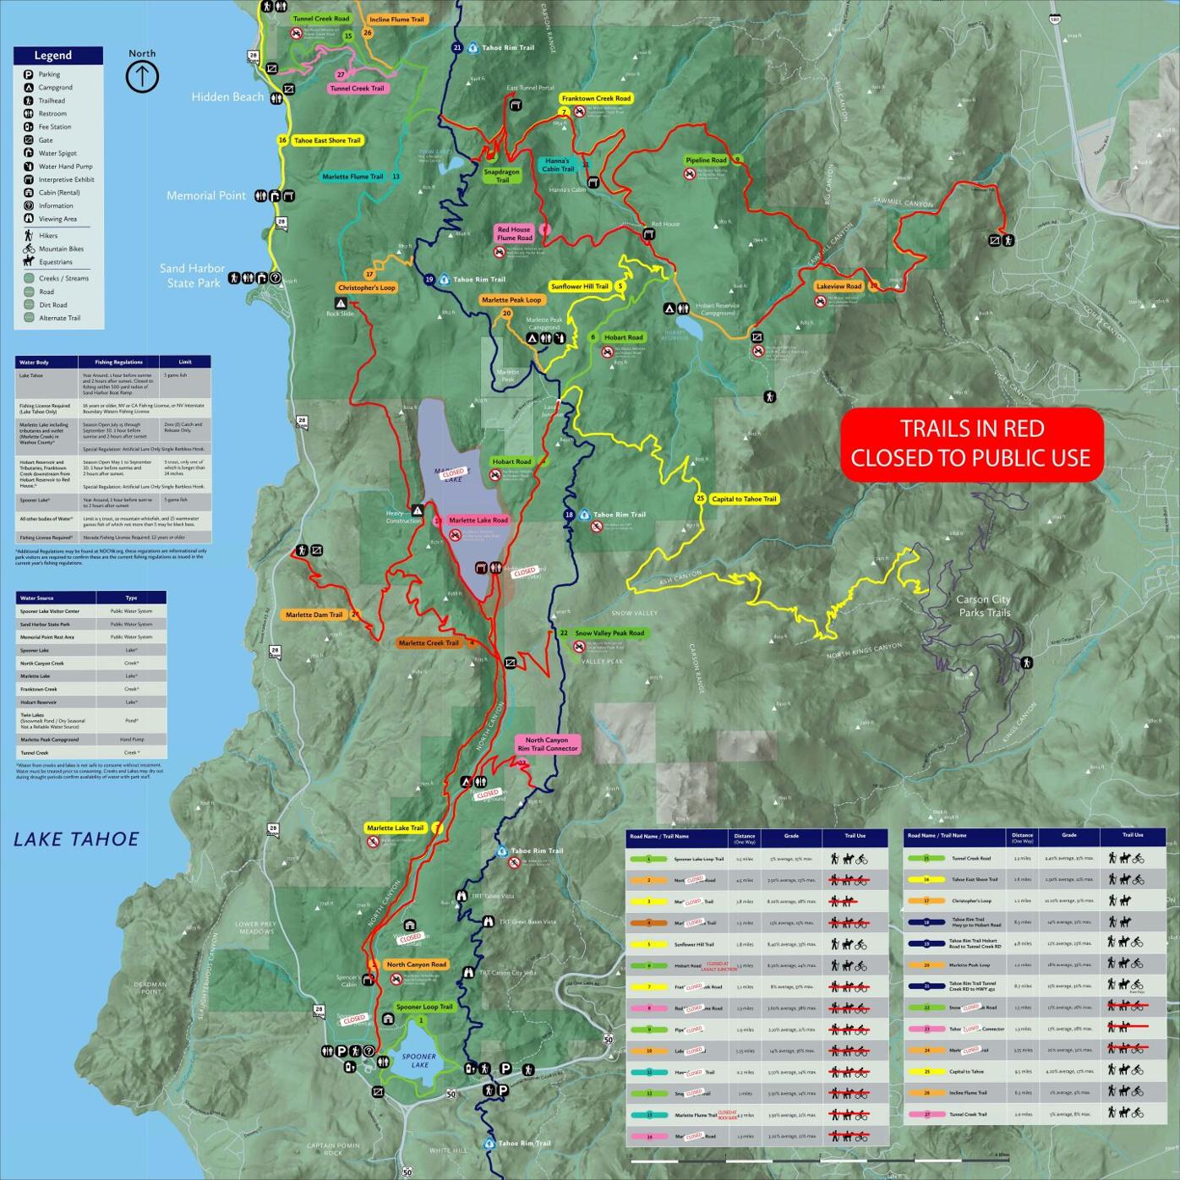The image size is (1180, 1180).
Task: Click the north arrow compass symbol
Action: [x=142, y=77]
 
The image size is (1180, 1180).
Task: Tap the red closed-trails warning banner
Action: [x=971, y=444]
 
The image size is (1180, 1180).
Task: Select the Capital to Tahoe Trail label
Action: [x=743, y=499]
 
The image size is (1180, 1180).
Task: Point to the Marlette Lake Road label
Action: [x=478, y=521]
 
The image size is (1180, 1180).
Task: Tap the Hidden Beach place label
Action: [x=227, y=97]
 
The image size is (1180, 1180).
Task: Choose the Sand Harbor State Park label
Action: [x=193, y=276]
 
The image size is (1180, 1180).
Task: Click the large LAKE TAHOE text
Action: [x=76, y=839]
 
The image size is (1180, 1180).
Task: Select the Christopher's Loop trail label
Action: [x=367, y=287]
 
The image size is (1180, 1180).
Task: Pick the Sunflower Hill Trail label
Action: [x=580, y=287]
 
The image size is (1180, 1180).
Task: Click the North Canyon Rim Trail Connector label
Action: [x=548, y=744]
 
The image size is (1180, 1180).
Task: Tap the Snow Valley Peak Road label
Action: [x=609, y=633]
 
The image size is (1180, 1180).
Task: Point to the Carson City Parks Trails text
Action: [x=983, y=606]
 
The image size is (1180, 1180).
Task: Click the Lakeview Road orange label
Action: [x=839, y=287]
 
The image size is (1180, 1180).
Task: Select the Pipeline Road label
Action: [x=706, y=160]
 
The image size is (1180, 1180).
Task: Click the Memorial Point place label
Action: [x=205, y=195]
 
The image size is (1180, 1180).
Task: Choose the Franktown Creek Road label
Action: [x=596, y=99]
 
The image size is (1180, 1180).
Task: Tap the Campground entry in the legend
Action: [x=55, y=88]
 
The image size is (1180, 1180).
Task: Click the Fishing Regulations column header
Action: [x=118, y=362]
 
